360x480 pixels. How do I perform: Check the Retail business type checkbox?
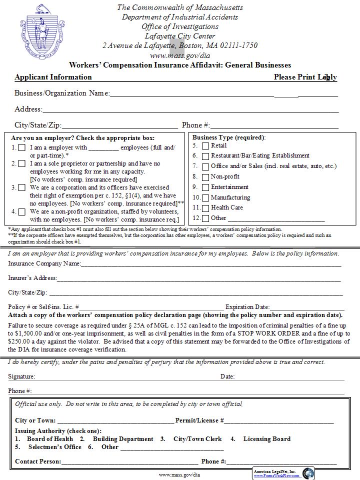coord(205,146)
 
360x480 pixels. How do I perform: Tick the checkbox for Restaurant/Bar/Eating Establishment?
coord(205,156)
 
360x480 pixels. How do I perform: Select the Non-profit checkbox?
coord(205,177)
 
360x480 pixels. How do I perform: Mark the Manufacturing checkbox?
coord(205,198)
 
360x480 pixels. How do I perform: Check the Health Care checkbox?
coord(205,208)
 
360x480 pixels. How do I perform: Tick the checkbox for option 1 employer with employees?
coord(22,148)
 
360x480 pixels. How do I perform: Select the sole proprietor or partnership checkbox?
coord(22,163)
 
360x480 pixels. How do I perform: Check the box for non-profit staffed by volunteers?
coord(22,211)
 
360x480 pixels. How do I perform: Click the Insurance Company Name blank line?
coord(210,263)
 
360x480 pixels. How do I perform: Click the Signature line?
coord(125,376)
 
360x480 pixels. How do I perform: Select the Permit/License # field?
coord(278,421)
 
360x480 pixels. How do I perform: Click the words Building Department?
coord(123,439)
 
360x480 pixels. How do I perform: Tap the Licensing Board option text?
coord(266,439)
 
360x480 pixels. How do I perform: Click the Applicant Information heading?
coord(53,77)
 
